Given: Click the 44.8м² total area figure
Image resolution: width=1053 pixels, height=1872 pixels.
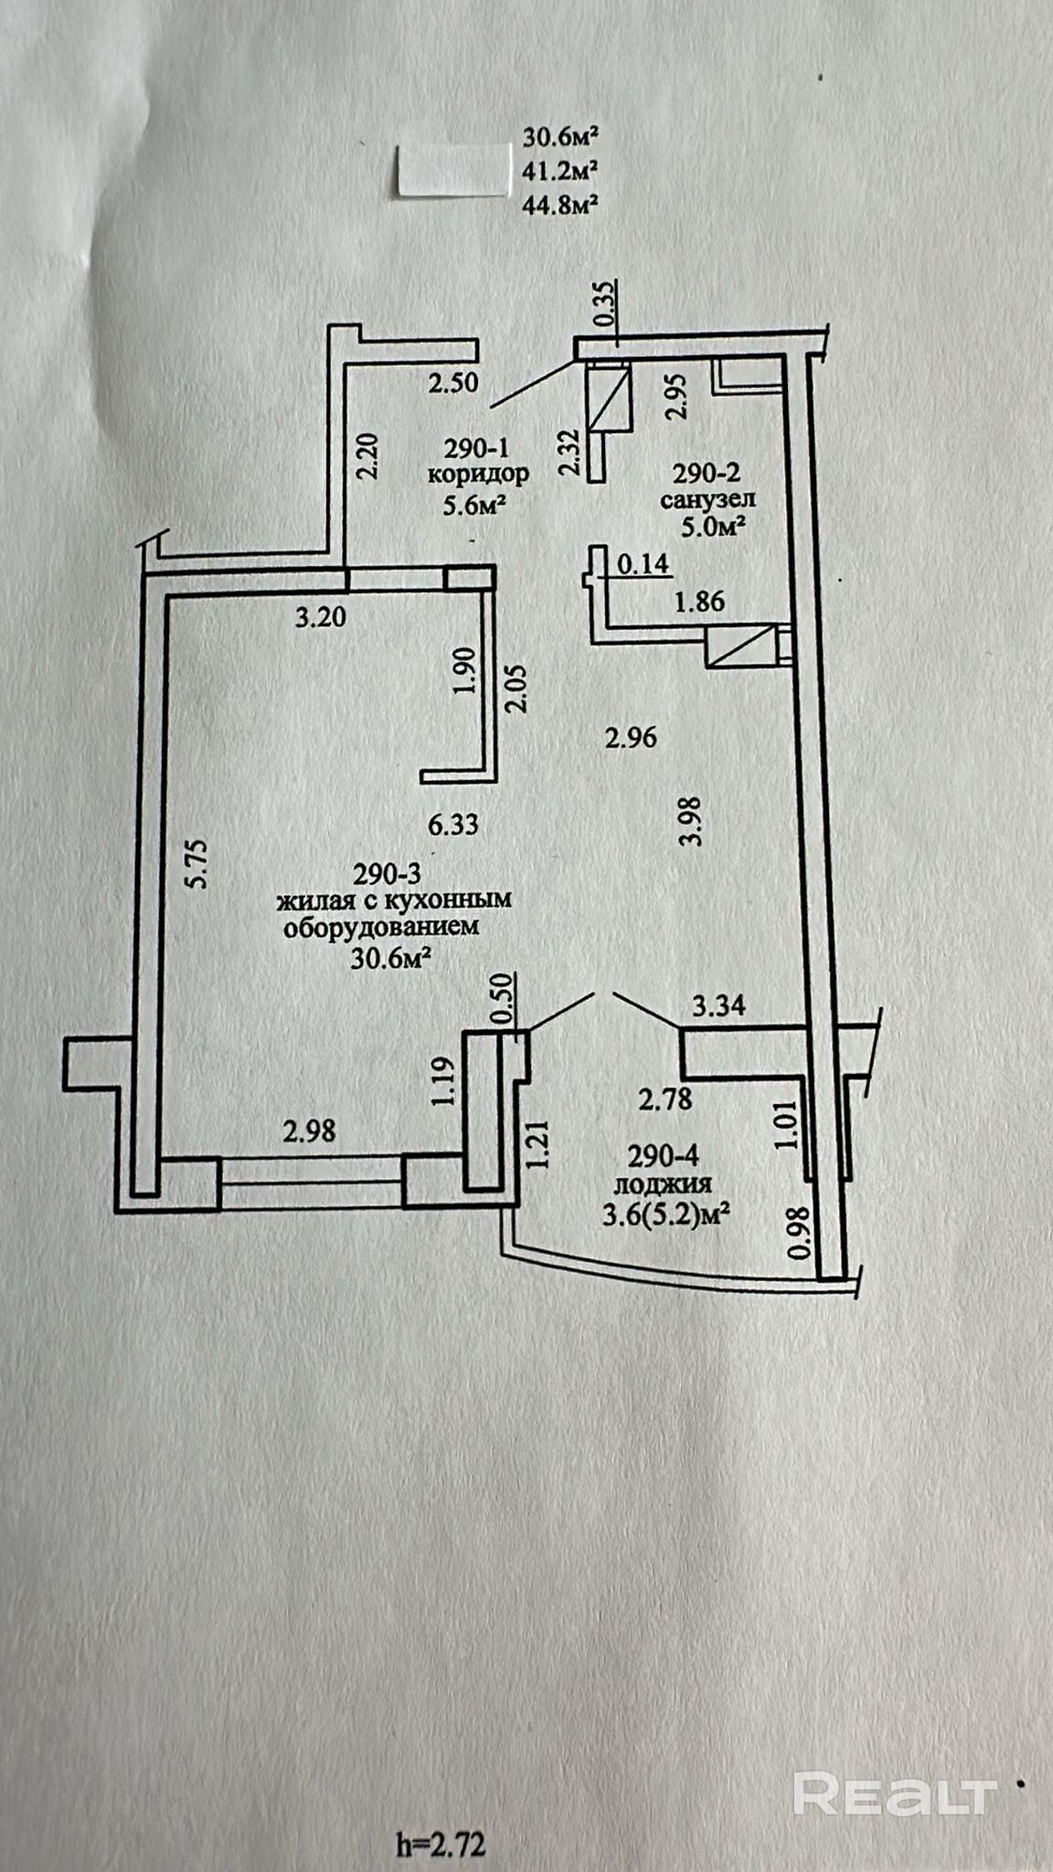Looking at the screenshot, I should [560, 204].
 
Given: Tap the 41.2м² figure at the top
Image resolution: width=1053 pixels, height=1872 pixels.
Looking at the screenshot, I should [560, 170].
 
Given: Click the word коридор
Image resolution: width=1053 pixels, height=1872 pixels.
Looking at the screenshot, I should [478, 474].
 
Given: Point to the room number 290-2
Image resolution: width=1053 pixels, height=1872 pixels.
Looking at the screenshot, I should [706, 473].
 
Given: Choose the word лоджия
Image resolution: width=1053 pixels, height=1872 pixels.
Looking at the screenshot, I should [663, 1186].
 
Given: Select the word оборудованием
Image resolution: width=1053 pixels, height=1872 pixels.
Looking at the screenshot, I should [381, 928].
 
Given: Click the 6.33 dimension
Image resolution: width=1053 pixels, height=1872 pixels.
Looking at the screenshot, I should [453, 825].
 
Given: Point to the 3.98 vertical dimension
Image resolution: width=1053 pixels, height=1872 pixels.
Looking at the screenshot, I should [692, 821].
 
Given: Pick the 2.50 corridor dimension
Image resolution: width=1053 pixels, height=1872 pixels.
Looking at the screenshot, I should [453, 383].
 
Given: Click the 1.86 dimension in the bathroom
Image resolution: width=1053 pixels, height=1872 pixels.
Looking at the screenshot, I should [699, 601].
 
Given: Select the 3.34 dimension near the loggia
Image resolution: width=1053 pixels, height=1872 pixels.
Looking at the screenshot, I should [719, 1006].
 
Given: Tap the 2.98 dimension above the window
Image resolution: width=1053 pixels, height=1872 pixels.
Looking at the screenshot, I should [309, 1131].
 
